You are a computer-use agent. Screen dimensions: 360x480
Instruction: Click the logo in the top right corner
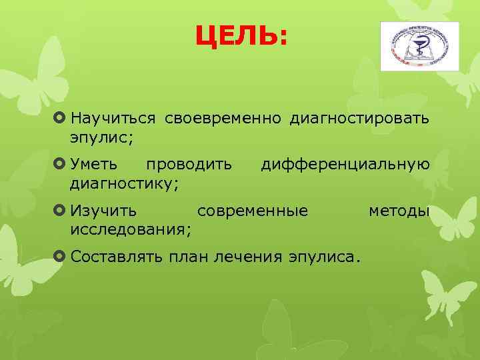tap(419, 46)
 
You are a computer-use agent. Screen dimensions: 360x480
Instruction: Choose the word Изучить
tap(104, 211)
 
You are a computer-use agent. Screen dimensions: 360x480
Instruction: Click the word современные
tap(253, 211)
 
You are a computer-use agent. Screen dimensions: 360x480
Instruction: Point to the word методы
tap(399, 211)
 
